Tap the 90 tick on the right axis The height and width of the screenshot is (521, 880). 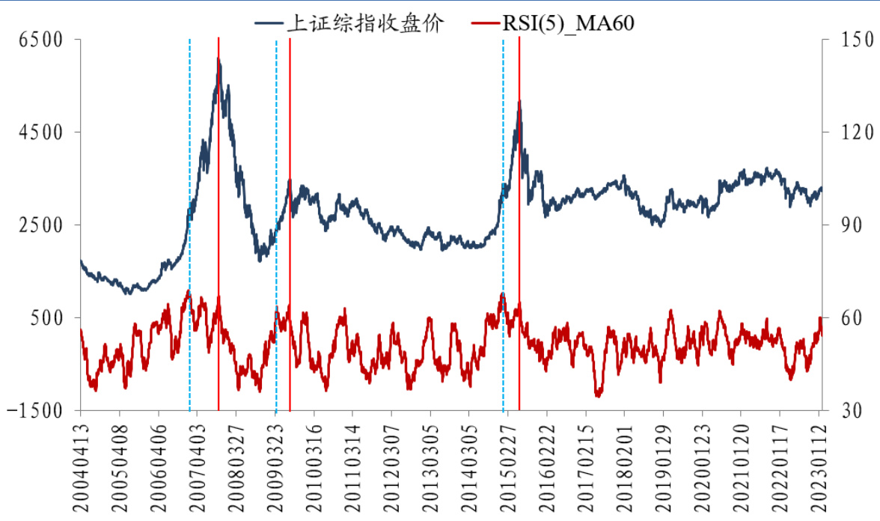[843, 225]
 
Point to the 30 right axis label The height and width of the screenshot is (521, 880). [843, 410]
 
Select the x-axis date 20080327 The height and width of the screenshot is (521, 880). [236, 464]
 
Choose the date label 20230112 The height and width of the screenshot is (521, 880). [819, 464]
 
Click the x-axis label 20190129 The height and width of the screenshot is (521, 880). [664, 464]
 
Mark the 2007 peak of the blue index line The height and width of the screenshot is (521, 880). [218, 60]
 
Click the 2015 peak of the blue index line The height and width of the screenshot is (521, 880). [519, 103]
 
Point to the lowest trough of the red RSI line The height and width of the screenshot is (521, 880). [598, 394]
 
